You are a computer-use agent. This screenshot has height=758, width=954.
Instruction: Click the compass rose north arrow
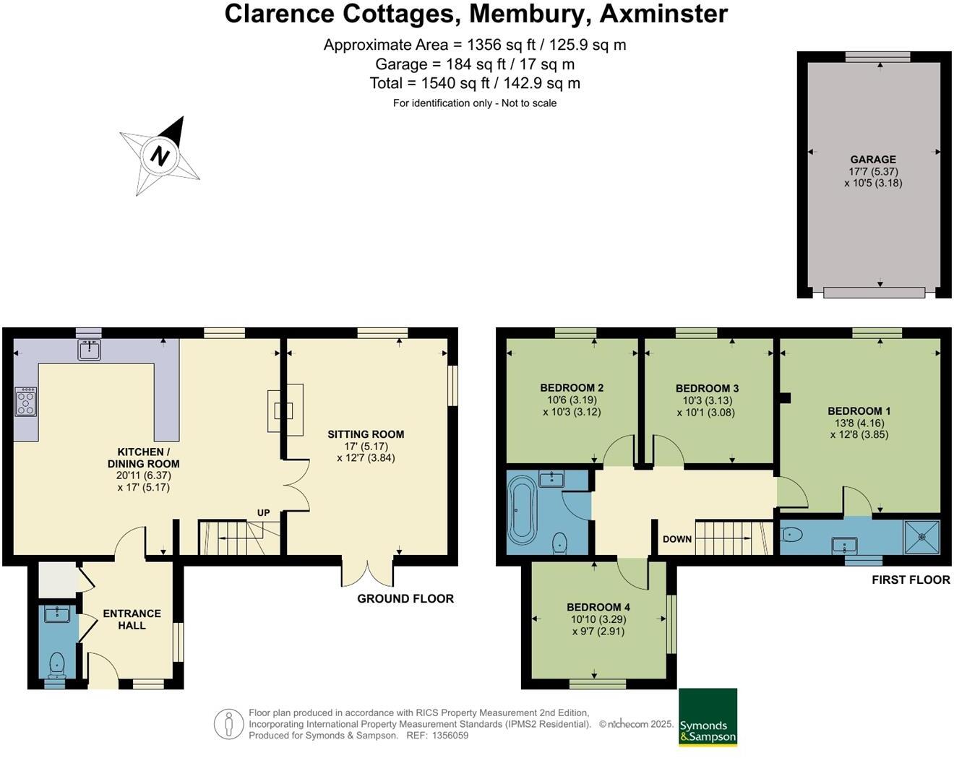click(160, 155)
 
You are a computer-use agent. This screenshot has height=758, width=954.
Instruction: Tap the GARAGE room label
click(872, 160)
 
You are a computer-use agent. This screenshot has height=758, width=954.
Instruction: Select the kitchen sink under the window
click(90, 350)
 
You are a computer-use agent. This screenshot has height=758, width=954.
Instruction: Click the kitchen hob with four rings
click(25, 401)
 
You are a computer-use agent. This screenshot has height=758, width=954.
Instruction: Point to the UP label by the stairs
click(263, 513)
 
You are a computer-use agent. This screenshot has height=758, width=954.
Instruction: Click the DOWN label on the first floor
click(676, 539)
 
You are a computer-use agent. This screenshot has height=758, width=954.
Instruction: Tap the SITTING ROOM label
click(366, 434)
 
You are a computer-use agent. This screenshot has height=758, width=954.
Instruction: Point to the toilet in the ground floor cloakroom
click(56, 663)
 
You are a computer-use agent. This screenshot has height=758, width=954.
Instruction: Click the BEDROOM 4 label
click(598, 607)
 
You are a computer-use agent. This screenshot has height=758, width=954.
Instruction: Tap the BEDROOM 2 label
click(572, 388)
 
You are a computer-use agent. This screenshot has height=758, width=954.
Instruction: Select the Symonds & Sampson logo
click(708, 717)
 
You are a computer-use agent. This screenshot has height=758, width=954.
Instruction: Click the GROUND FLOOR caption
click(405, 598)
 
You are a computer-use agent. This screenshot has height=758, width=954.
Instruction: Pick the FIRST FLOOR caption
click(911, 580)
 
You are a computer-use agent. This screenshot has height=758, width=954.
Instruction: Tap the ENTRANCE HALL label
click(132, 619)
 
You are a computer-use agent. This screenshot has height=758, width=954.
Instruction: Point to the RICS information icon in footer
click(229, 723)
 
